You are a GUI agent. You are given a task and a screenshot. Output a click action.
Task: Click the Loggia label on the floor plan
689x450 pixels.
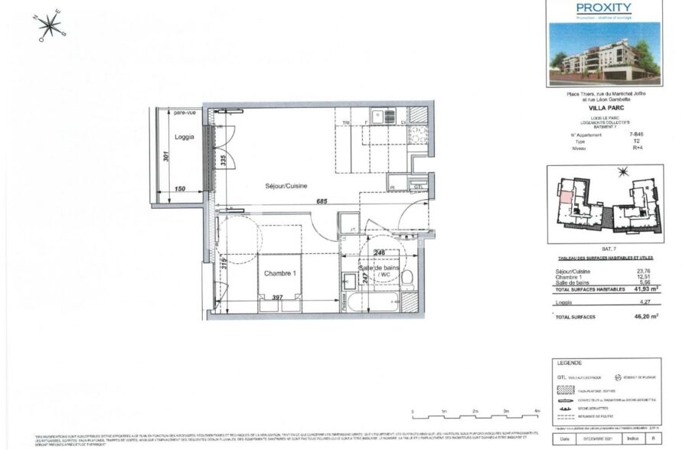(183, 137)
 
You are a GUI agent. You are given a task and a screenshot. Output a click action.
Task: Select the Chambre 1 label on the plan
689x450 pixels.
(279, 274)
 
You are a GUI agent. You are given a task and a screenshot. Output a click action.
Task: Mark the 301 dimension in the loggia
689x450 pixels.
(165, 158)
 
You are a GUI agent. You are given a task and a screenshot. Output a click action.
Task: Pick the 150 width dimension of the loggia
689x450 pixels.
(181, 188)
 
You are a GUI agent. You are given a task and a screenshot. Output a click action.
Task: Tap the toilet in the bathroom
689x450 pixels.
(410, 278)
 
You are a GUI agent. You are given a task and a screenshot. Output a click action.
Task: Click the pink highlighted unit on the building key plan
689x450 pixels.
(563, 197)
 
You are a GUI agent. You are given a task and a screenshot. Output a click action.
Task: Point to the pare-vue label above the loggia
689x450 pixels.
(184, 112)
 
